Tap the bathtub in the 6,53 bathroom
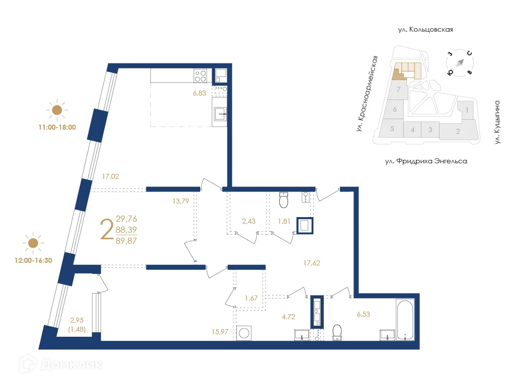pyautogui.click(x=404, y=320)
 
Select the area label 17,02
pyautogui.click(x=110, y=176)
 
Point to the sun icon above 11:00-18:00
pyautogui.click(x=57, y=110)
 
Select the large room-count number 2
pyautogui.click(x=106, y=230)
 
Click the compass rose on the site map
pyautogui.click(x=459, y=63)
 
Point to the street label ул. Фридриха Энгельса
pyautogui.click(x=425, y=161)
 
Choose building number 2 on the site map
pyautogui.click(x=458, y=132)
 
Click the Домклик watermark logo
pyautogui.click(x=60, y=364)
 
